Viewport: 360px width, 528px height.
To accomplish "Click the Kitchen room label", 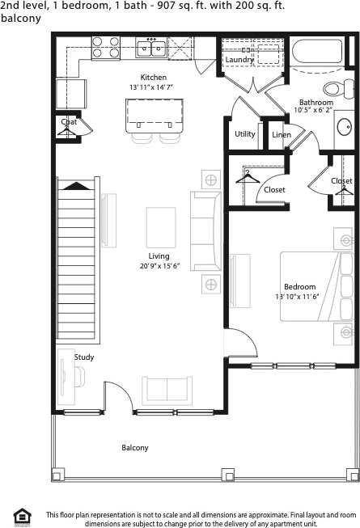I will pos(153,78).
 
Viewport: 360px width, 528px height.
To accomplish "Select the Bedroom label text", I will pos(299,287).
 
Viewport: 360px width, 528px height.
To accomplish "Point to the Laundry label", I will pos(239,60).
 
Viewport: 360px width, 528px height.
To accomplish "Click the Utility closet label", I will pos(244,134).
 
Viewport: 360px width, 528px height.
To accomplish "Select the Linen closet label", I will pos(281,135).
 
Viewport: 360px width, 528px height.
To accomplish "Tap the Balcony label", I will pos(135,447).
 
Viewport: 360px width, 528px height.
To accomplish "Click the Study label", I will pos(84,357).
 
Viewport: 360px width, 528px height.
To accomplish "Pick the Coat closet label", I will pos(69,122).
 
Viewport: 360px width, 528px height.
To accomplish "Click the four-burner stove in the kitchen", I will pos(106,48).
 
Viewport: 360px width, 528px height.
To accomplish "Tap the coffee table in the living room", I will pos(160,230).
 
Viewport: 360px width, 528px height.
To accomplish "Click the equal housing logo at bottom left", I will pos(21,515).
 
